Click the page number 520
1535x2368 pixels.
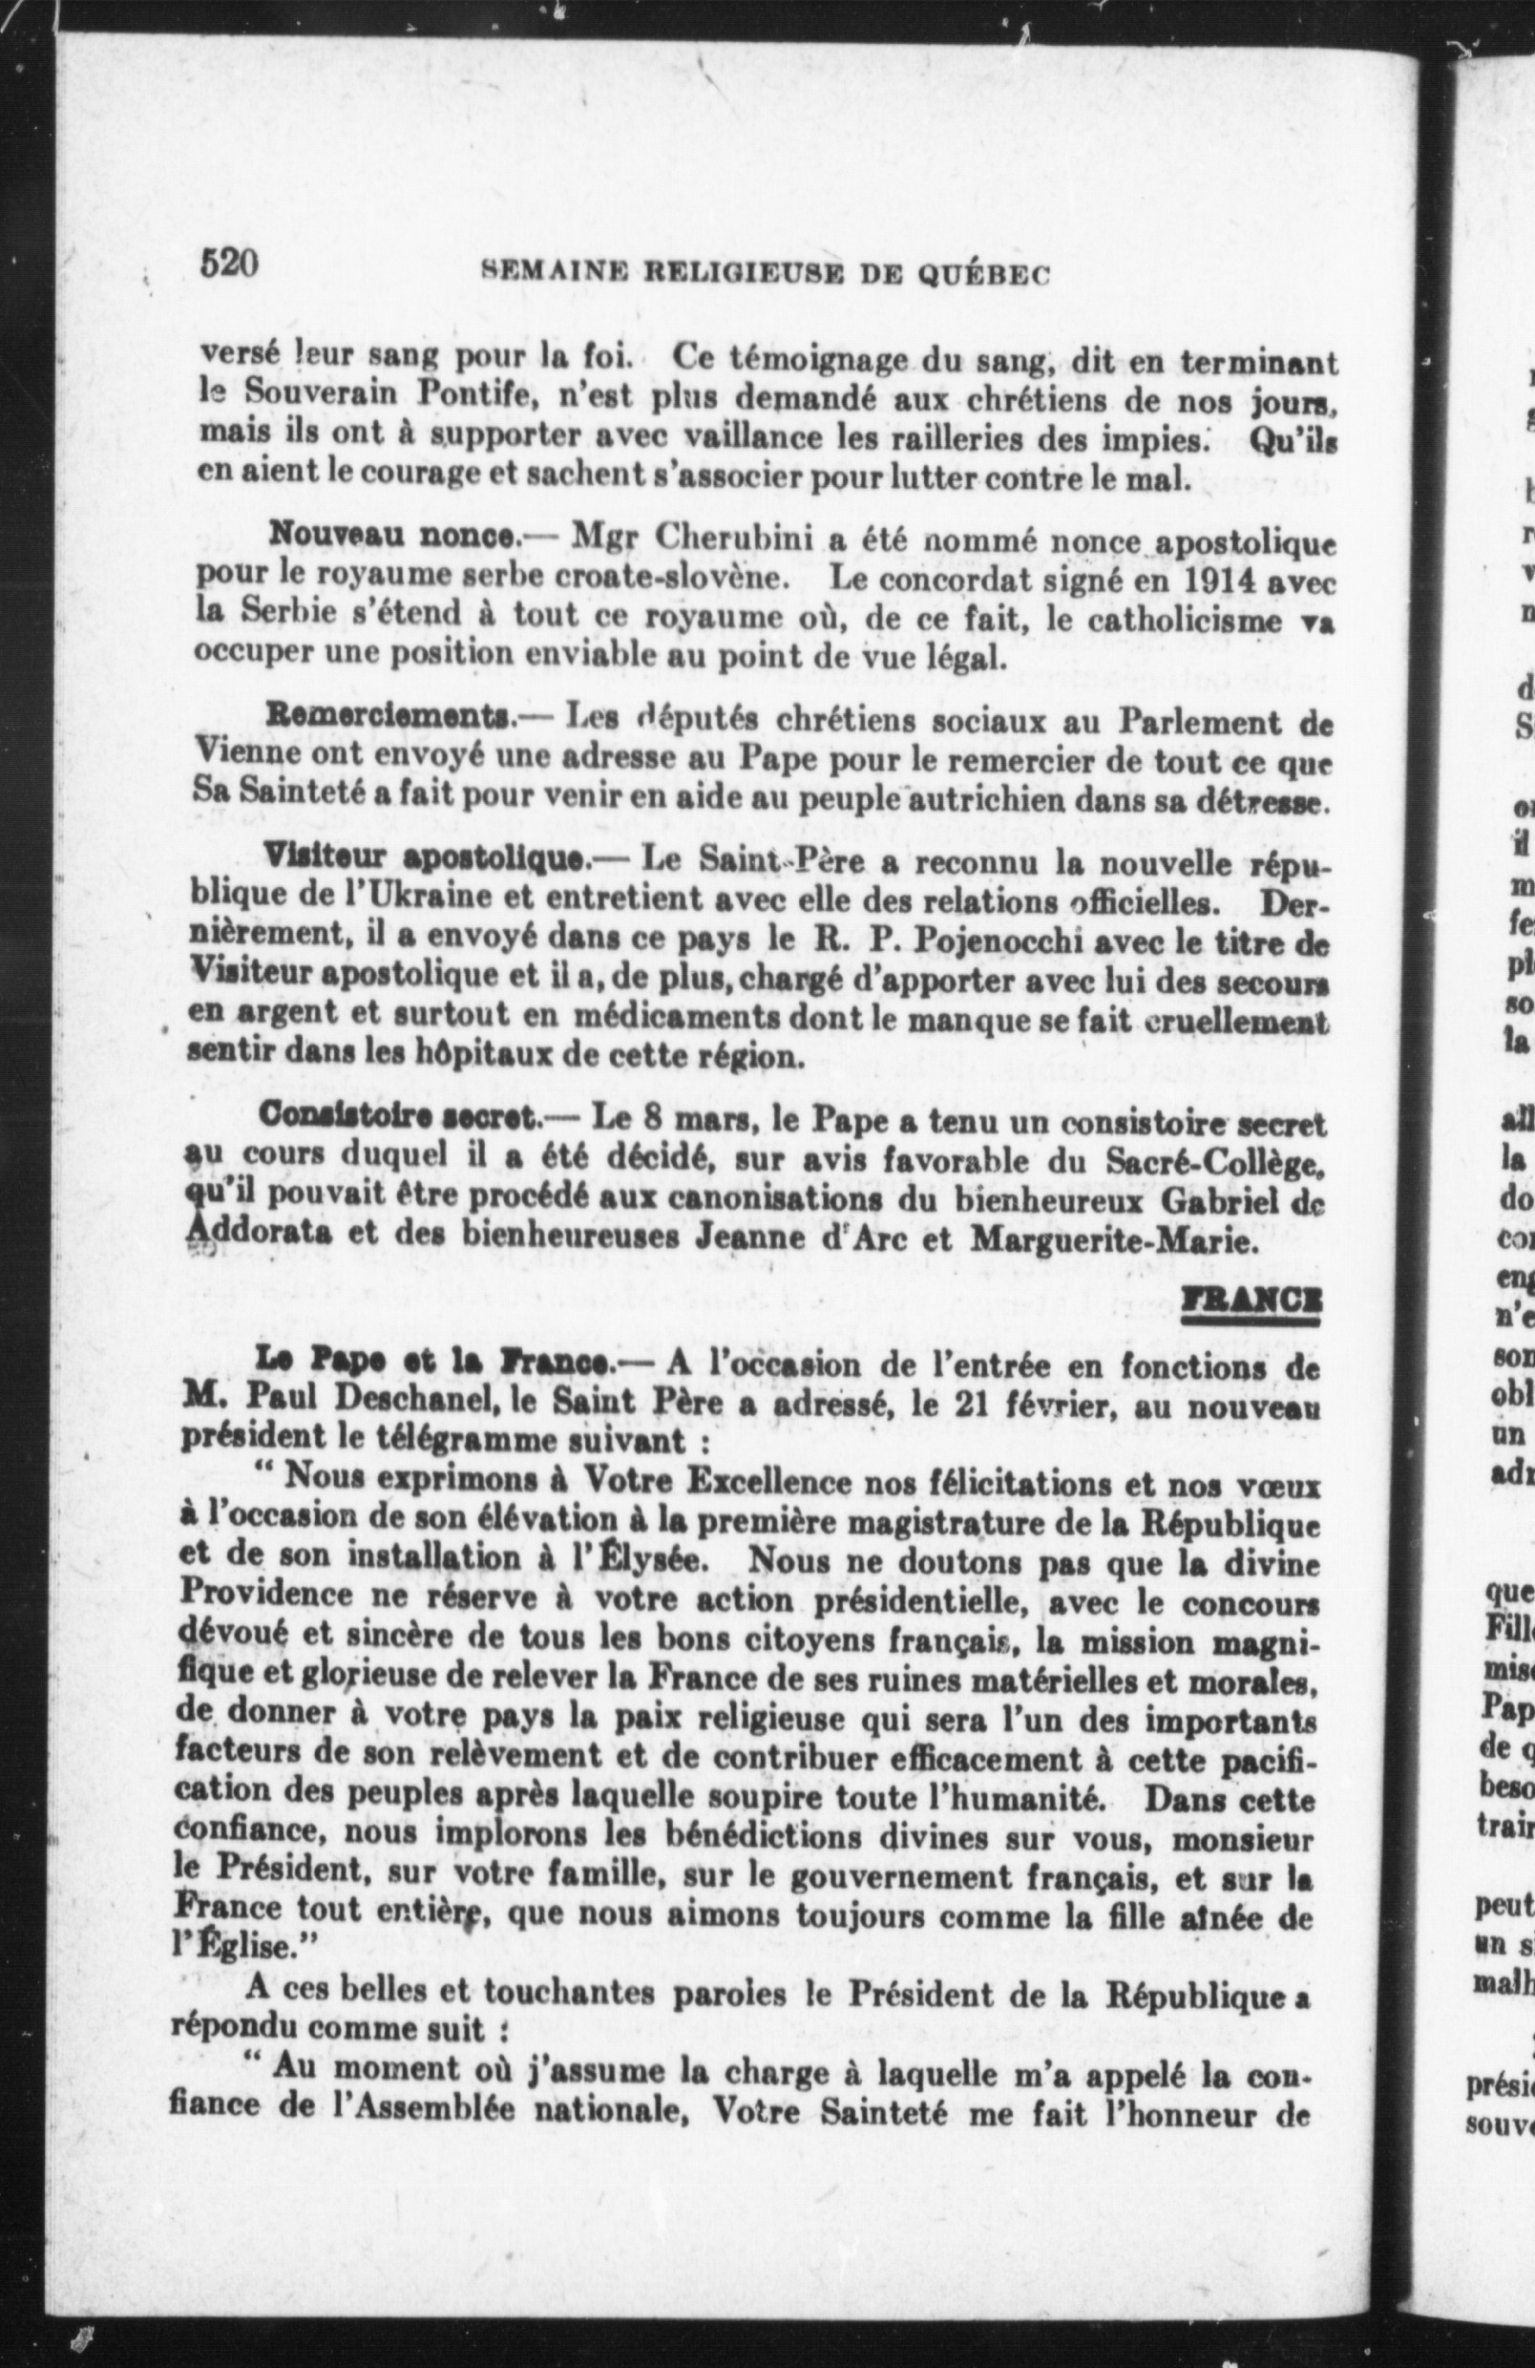[230, 264]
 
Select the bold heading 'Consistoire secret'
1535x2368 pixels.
[399, 1118]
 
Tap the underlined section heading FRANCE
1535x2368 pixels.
[1251, 1301]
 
